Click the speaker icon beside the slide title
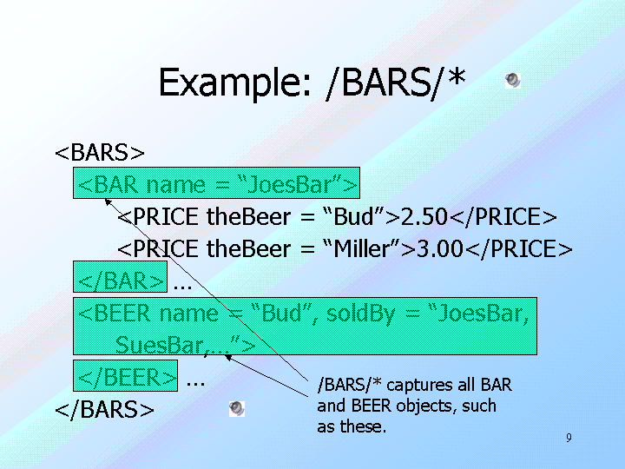coord(513,81)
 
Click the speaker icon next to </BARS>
coord(237,408)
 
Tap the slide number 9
coord(569,439)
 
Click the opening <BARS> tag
coord(100,153)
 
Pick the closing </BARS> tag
coord(104,409)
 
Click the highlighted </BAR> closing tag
coord(121,281)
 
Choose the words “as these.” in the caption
coord(352,426)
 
